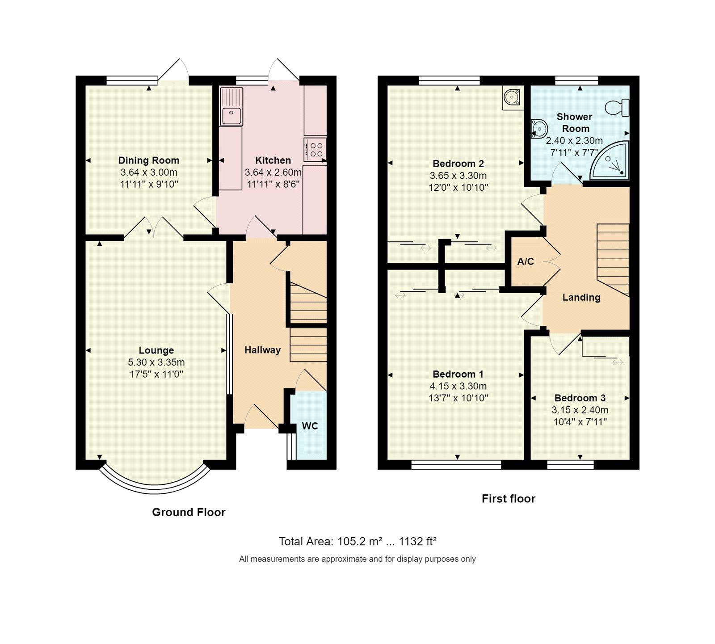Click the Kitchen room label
[x=273, y=160]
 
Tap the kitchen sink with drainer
[x=231, y=107]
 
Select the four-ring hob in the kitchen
[x=315, y=149]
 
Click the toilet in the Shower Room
[x=618, y=107]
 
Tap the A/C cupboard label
[x=525, y=261]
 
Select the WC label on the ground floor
[x=310, y=426]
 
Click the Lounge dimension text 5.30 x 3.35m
[x=156, y=362]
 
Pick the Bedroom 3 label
[x=580, y=398]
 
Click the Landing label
[x=581, y=297]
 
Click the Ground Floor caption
[x=189, y=512]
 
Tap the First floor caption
[x=508, y=498]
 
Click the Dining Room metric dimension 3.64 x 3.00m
[x=148, y=172]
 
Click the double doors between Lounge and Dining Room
[x=154, y=228]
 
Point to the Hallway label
[x=262, y=350]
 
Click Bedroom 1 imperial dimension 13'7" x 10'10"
[x=458, y=398]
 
